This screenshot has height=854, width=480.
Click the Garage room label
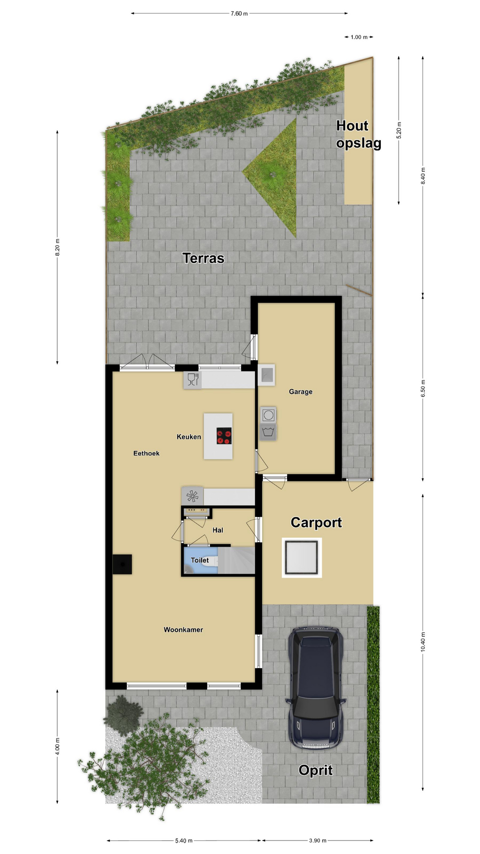[x=300, y=392]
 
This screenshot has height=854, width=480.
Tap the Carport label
[x=316, y=522]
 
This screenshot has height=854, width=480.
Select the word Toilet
[x=200, y=560]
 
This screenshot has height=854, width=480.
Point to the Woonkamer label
[x=183, y=630]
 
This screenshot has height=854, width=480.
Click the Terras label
[x=203, y=258]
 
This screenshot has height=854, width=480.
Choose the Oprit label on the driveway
[x=316, y=770]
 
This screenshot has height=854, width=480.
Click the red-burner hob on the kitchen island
[x=224, y=436]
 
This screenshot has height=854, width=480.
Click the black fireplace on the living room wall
[x=122, y=564]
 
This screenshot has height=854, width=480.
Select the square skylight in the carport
[x=302, y=558]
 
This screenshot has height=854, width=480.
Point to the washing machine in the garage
[x=268, y=415]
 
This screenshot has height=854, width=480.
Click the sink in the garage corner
[x=267, y=375]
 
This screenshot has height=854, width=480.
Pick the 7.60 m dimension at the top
[x=239, y=14]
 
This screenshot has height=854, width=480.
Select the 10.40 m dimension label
[x=423, y=642]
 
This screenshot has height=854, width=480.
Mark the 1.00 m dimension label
[x=359, y=37]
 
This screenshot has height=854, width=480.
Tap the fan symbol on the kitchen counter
[x=192, y=496]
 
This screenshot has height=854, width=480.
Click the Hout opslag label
[x=358, y=134]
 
